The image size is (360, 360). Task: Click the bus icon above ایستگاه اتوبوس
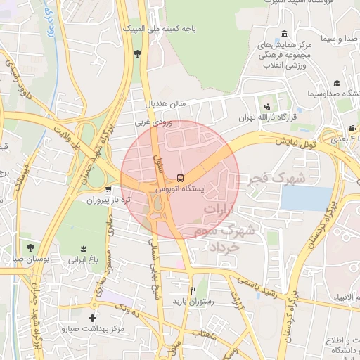180,178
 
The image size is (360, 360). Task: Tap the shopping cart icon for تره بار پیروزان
108,189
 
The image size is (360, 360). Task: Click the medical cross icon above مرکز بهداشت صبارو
94,318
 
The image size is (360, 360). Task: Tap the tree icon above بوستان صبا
30,247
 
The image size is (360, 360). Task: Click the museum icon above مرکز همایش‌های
283,34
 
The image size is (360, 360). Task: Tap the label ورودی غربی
153,122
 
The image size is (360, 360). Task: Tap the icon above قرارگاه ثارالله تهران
266,105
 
